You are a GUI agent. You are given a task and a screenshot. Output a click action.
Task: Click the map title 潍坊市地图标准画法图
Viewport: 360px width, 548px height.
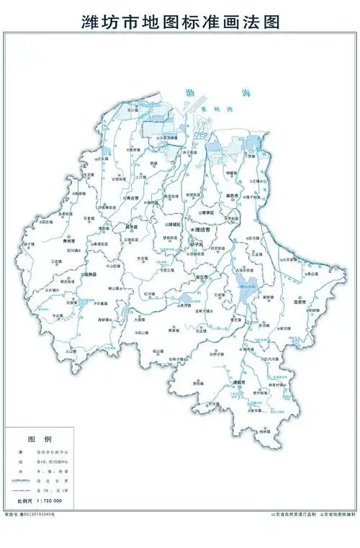pos(180,22)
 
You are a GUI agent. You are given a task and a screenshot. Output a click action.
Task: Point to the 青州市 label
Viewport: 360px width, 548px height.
pos(69,240)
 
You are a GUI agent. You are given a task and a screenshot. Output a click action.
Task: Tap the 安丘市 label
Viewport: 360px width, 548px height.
pos(202,277)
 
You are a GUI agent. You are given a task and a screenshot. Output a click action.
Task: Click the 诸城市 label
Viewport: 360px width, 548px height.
pos(240,381)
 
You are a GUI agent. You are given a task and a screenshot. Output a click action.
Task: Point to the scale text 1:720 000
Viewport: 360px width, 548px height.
pos(48,500)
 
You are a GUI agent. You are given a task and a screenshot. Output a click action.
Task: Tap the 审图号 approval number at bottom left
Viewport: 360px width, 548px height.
pos(29,514)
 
